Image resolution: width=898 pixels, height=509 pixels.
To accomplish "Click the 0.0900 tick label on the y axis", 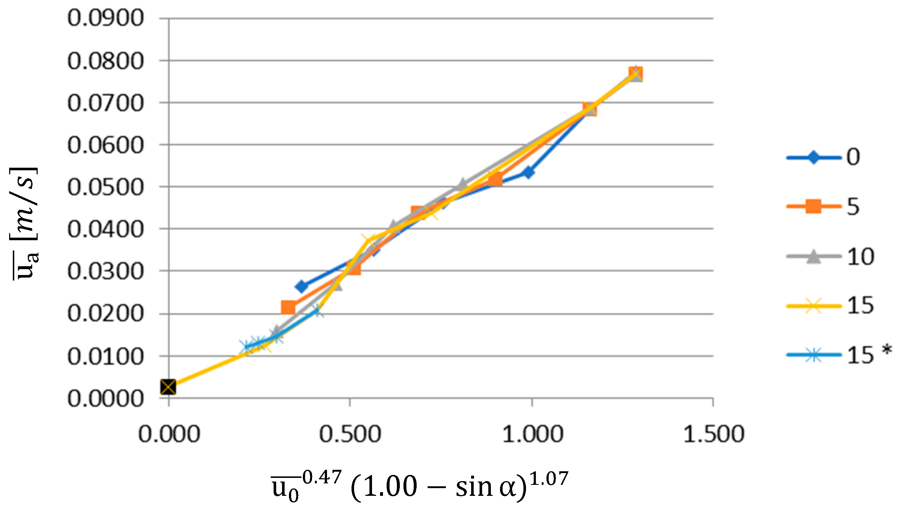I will tap(105, 18).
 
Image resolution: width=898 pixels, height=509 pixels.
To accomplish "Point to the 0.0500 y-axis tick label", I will tap(105, 187).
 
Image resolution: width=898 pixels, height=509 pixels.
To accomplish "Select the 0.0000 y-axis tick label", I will tap(105, 398).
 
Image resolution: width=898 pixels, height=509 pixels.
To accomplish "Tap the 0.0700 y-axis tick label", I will tap(105, 103).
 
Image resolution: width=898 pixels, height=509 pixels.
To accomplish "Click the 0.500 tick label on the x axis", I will tap(350, 434).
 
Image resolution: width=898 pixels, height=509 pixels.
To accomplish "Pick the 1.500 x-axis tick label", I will tap(714, 434).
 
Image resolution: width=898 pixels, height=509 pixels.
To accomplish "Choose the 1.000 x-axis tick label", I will tap(532, 434).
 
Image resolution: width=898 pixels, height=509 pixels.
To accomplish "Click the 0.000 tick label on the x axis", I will tap(169, 434).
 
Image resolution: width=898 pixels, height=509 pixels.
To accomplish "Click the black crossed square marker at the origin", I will tap(168, 387).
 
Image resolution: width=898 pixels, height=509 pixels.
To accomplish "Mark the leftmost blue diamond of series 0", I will tap(302, 286).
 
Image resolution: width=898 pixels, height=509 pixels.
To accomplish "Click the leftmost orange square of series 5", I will tap(288, 308).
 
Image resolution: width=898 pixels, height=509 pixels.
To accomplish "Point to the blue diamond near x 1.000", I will tap(528, 172).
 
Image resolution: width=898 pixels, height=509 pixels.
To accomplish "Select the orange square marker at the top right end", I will tap(636, 74).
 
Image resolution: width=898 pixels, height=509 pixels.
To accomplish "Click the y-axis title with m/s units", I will tap(24, 223).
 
